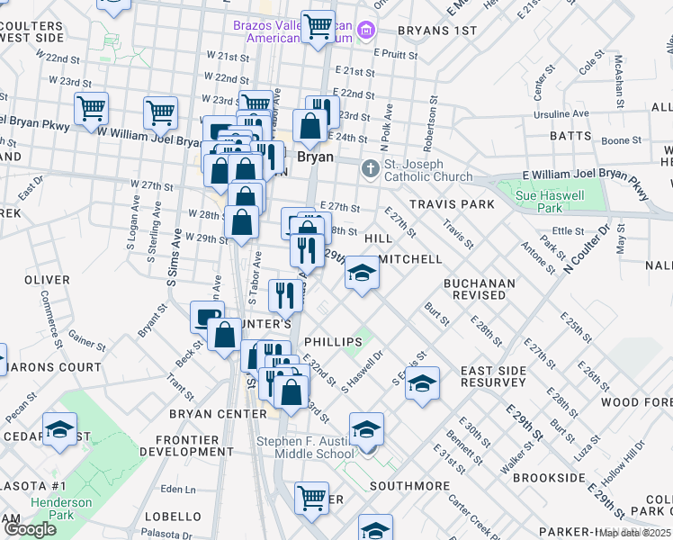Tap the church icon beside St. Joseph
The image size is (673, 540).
(x=370, y=169)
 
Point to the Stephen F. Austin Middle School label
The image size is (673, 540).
(x=305, y=447)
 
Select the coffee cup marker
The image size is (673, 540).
(x=207, y=317)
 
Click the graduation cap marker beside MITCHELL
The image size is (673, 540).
(x=362, y=273)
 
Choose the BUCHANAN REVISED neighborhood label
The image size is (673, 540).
(x=480, y=289)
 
